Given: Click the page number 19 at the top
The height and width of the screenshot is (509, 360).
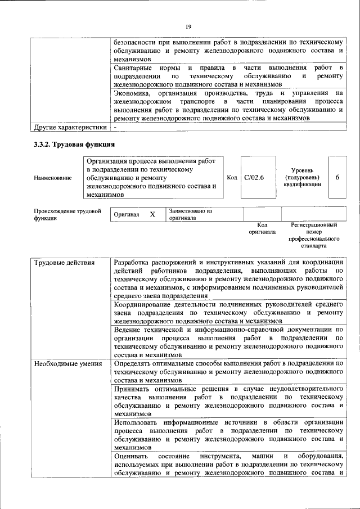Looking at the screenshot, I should [x=189, y=26].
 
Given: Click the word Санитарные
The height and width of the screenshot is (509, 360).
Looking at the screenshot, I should [x=133, y=67].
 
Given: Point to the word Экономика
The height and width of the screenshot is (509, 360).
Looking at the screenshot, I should [x=132, y=93].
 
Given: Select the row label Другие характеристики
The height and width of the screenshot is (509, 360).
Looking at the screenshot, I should [x=70, y=127].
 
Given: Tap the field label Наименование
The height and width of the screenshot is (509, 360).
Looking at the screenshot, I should [x=52, y=178].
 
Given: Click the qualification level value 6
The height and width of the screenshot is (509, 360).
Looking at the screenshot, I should [x=337, y=178].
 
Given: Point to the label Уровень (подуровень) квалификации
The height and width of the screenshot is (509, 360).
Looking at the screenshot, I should [x=302, y=177].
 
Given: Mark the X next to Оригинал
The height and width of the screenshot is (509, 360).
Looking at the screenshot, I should [x=152, y=215].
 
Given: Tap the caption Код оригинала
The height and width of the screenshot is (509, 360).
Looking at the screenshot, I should [x=262, y=228].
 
